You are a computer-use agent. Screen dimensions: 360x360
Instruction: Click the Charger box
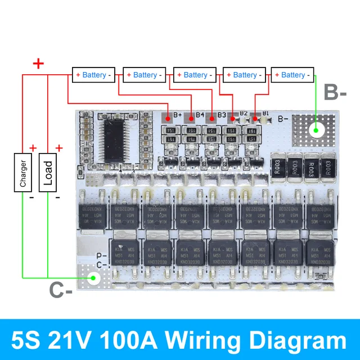(x=22, y=172)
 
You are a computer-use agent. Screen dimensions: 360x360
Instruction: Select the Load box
(x=48, y=172)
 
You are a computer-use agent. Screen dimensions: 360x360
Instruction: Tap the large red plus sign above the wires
(x=38, y=63)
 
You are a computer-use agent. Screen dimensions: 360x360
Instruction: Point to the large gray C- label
(x=61, y=290)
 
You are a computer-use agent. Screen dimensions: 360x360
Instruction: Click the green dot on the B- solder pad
(x=317, y=130)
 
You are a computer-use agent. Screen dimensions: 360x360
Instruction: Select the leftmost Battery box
(x=94, y=75)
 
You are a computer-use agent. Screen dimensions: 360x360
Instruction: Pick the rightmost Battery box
(x=293, y=75)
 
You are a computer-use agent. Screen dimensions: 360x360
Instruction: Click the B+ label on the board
(x=178, y=115)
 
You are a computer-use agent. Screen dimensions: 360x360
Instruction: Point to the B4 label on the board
(x=200, y=115)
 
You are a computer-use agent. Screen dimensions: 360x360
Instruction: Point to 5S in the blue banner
(x=31, y=340)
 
